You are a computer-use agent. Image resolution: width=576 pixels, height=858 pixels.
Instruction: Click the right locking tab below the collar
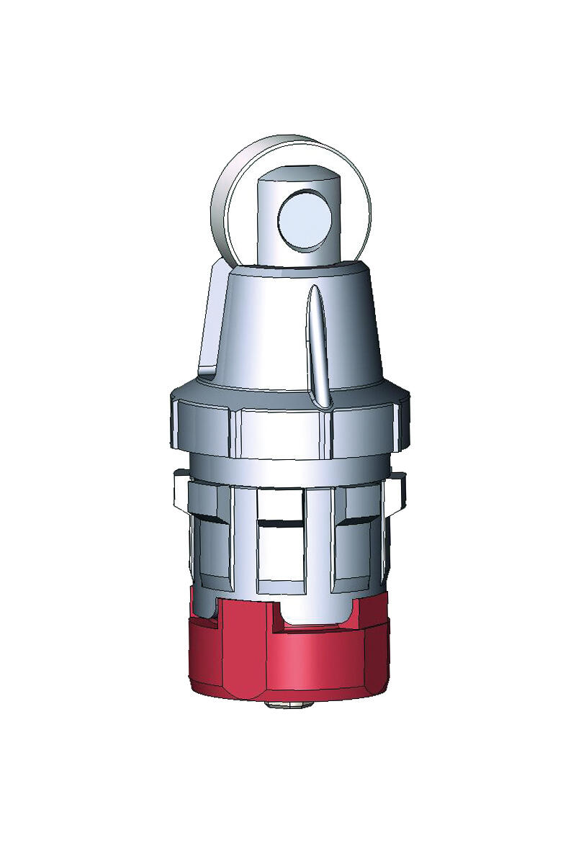(x=397, y=489)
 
